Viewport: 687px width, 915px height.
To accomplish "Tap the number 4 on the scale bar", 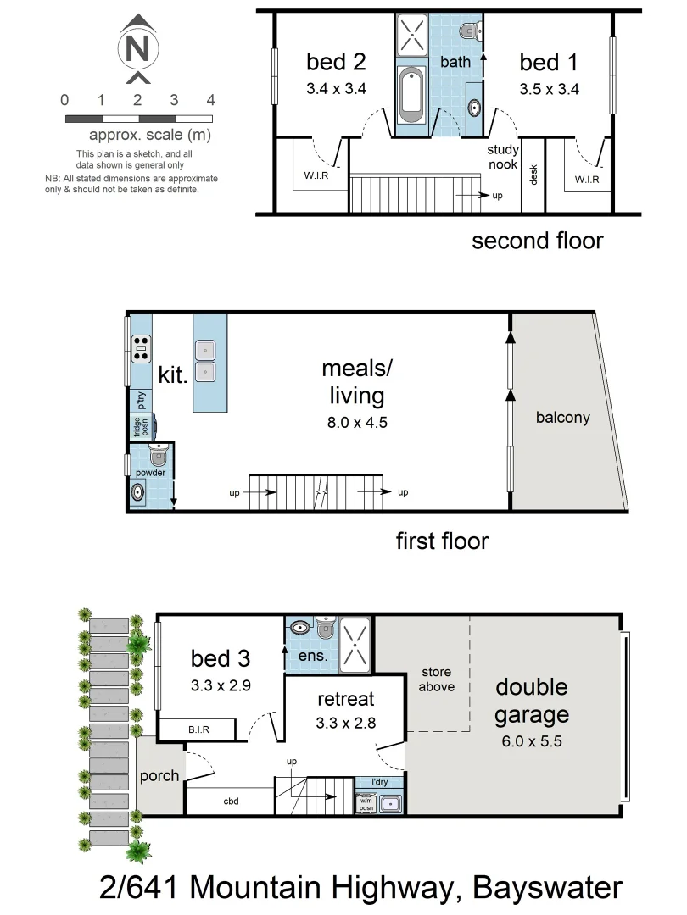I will [x=210, y=100].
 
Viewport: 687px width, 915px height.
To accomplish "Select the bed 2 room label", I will [x=336, y=62].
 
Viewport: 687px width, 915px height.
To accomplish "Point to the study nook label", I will [x=502, y=157].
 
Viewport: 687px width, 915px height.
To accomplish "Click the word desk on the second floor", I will [x=533, y=174].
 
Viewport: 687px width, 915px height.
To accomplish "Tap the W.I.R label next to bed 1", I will [x=587, y=179].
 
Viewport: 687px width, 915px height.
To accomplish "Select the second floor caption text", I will [x=537, y=241].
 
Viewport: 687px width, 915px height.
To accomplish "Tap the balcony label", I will [x=562, y=418].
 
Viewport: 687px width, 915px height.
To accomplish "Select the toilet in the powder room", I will [x=156, y=457].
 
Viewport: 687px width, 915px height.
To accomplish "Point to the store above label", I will [x=437, y=680].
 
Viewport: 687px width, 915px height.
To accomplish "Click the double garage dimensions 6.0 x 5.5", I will [x=531, y=741].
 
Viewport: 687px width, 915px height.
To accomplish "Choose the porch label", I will [x=159, y=775].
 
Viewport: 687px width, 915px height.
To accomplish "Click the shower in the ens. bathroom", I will [x=356, y=641].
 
